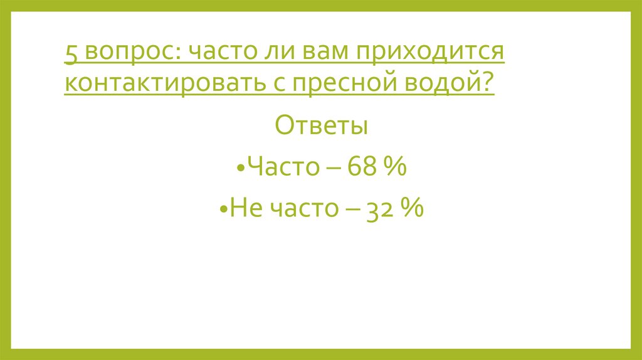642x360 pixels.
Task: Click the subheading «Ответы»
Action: (x=321, y=126)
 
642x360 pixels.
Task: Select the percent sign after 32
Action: (x=413, y=207)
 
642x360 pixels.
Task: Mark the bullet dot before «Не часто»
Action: (x=224, y=209)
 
